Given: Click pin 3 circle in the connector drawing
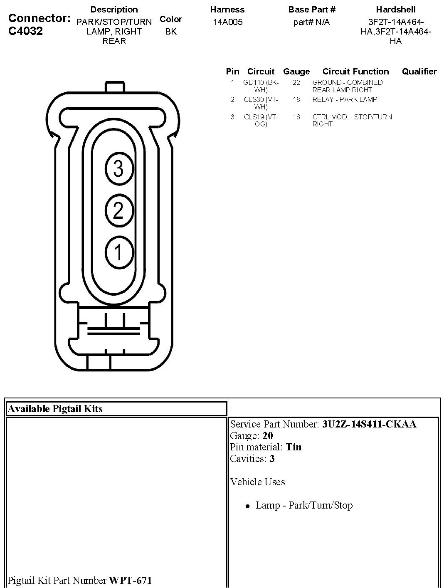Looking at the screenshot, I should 118,168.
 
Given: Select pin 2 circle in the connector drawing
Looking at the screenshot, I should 118,210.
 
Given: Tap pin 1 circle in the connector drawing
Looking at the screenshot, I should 118,252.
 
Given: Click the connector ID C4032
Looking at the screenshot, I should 26,31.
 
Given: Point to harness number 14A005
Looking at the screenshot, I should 227,22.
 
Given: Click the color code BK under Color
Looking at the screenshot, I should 170,32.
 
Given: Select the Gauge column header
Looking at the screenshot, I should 296,72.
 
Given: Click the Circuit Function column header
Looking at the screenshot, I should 355,72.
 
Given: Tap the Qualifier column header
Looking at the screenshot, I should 419,72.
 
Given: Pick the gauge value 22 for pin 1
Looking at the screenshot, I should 296,82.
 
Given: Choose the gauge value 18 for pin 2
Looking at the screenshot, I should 296,99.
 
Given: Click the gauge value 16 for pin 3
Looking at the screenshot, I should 296,117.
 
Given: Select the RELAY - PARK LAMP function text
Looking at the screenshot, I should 345,99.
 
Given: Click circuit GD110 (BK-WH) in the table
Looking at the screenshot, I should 261,86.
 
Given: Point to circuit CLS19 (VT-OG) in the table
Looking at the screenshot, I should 261,120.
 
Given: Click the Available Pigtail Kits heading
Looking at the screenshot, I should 55,409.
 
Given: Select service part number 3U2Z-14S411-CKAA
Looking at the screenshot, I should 369,424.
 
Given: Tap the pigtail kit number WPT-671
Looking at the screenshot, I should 130,580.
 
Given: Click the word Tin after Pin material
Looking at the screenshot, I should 294,447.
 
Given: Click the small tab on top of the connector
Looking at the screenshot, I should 115,87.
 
